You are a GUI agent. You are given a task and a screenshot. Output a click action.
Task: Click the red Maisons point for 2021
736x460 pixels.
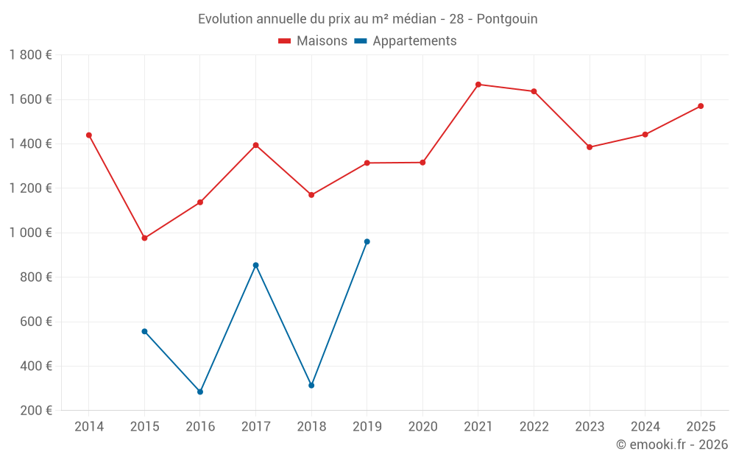478,85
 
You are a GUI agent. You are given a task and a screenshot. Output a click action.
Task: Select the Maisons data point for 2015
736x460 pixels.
144,238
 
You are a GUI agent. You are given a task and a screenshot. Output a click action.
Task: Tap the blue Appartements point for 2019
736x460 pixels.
367,241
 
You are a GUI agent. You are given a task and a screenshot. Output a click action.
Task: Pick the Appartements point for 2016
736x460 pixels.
200,392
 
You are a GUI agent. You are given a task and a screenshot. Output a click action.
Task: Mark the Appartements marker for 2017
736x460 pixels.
255,265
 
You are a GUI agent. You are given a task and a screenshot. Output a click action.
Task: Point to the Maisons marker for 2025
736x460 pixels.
701,106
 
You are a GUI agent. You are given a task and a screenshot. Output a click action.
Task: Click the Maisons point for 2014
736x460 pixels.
89,135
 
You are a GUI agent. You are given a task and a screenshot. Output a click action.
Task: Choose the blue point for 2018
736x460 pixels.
311,386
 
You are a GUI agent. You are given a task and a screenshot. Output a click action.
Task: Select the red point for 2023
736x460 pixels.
590,147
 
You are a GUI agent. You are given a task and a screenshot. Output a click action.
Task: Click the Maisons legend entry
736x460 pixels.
313,41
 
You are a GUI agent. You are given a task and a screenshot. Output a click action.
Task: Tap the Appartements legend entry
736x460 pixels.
406,41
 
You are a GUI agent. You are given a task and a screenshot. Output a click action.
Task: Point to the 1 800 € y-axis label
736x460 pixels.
30,55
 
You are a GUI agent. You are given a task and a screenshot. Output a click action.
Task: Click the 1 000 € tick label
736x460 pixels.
30,233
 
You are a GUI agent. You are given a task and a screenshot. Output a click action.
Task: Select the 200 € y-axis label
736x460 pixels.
35,411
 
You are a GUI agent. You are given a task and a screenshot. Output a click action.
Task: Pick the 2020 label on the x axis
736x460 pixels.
422,427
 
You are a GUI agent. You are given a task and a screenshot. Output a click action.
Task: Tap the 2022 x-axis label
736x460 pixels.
534,427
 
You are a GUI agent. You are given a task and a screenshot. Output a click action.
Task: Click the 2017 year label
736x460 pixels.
255,427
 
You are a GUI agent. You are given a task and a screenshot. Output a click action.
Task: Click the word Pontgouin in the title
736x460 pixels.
507,19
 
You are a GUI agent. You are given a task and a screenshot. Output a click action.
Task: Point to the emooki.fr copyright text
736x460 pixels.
672,445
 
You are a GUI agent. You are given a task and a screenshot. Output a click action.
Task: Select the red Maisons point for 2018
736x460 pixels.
311,195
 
